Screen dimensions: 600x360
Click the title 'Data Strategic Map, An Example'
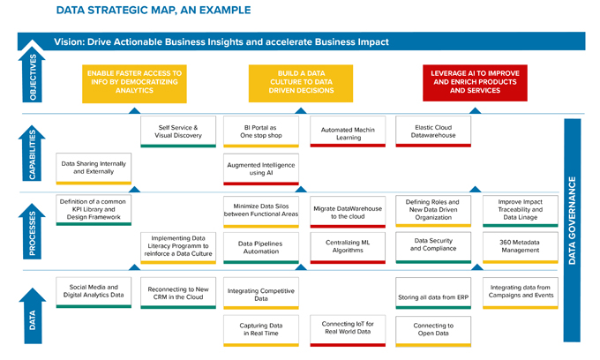tap(154, 10)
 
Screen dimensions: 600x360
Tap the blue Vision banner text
tap(221, 41)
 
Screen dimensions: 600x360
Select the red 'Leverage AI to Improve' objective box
tap(475, 83)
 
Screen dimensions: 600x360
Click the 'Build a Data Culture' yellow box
tap(301, 84)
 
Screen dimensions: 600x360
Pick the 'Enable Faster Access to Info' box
tap(134, 84)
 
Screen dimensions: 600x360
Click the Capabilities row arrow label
tap(32, 154)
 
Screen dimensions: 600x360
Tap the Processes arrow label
tap(32, 232)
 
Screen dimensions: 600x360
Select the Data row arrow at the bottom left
tap(33, 317)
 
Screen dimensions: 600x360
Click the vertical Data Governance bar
tap(572, 230)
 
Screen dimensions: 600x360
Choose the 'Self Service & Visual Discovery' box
tap(178, 131)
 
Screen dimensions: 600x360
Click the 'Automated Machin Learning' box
tap(348, 131)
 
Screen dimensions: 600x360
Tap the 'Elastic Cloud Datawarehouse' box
tap(433, 131)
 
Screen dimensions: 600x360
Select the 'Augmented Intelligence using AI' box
tap(261, 169)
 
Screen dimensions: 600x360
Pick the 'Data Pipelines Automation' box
tap(261, 248)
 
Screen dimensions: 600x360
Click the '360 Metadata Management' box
tap(521, 248)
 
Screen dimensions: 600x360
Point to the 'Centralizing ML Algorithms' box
tap(348, 248)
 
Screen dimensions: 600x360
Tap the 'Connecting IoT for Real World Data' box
tap(348, 331)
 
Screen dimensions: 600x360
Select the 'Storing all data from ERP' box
tap(433, 293)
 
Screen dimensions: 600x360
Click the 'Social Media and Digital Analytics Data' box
tap(94, 293)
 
